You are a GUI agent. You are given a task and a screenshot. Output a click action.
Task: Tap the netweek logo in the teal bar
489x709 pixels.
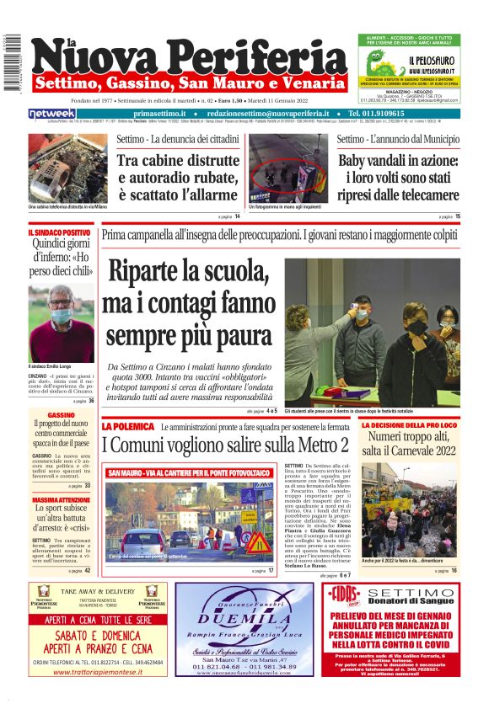[52, 114]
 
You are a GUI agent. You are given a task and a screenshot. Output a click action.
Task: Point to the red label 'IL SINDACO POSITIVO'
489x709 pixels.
[59, 232]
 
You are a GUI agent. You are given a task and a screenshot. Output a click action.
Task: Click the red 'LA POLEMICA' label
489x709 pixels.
[128, 427]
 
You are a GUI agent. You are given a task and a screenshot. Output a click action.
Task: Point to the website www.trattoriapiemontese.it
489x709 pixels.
[96, 672]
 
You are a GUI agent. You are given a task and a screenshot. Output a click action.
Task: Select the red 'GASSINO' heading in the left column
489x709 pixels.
[61, 415]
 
